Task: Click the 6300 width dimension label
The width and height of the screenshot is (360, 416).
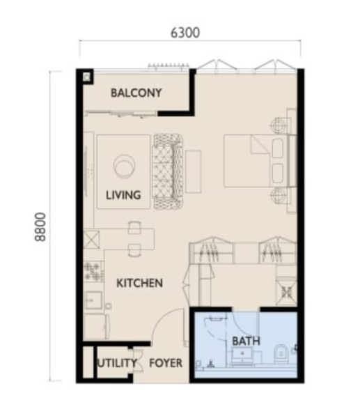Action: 185,33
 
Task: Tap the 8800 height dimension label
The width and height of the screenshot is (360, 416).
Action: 40,227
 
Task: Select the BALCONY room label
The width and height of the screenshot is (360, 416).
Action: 136,93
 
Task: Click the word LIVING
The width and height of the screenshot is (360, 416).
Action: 123,195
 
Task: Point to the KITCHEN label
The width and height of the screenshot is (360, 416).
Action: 140,283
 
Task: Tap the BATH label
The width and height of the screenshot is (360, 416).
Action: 246,341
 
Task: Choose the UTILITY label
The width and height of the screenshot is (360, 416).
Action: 117,363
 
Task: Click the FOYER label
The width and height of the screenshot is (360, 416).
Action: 166,363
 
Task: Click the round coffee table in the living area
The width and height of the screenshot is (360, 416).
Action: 124,165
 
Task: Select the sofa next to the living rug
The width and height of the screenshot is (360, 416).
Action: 168,171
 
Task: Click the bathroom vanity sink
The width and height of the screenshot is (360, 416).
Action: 242,355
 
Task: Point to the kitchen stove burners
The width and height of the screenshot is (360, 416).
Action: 93,272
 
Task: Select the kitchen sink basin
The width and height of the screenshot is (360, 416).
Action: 93,300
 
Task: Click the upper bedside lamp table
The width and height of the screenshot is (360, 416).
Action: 278,125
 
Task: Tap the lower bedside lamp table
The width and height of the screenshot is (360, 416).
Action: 278,196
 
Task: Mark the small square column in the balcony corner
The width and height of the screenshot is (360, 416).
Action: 86,77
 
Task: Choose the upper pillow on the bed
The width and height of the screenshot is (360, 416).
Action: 278,148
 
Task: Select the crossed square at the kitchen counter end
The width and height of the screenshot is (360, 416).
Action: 91,240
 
